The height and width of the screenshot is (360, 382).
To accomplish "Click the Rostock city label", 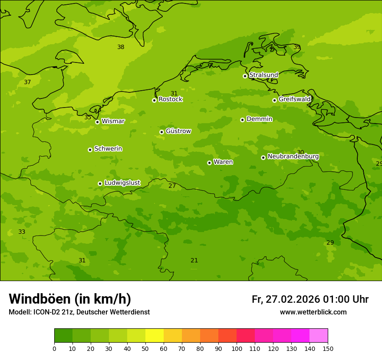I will (x=170, y=99).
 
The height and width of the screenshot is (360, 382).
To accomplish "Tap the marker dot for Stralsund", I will (x=245, y=76).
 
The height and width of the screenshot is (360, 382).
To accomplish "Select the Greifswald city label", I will (x=294, y=99).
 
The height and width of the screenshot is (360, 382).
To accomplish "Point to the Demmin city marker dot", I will (x=242, y=120).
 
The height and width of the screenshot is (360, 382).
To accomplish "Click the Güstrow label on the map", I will (x=178, y=131).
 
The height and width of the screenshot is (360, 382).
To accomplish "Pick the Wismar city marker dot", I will (x=97, y=122).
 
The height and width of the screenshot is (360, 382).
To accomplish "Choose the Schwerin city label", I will (x=108, y=149).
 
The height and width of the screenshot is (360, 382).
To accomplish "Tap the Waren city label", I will (x=223, y=162).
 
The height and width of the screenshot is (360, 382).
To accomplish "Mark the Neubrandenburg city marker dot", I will (x=263, y=157).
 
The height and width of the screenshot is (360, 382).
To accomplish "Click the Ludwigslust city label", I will (x=122, y=183).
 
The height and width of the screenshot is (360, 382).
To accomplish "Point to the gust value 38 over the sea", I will (x=121, y=47).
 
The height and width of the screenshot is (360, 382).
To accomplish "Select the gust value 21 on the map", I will (x=194, y=260).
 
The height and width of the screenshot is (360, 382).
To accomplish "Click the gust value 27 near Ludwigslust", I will (x=172, y=186).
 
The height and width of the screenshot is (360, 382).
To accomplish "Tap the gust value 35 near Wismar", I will (x=88, y=117).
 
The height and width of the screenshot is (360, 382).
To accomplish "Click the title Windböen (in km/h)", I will (x=70, y=299).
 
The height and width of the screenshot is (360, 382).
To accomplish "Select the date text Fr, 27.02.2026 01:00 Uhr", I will (x=310, y=299).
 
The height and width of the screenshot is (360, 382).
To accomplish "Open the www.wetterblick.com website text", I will (x=313, y=312).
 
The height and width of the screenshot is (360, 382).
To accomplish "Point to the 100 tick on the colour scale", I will (x=237, y=348).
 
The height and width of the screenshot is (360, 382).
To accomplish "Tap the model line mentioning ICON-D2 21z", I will (x=79, y=312).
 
